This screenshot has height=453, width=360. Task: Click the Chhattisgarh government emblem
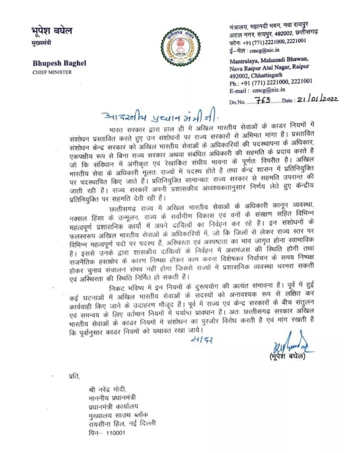[x=180, y=46]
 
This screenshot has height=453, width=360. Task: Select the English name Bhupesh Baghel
[x=59, y=63]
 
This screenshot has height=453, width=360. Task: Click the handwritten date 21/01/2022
[x=317, y=100]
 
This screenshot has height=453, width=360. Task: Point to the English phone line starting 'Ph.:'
[x=271, y=81]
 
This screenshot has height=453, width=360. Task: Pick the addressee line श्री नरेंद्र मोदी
[x=107, y=389]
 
